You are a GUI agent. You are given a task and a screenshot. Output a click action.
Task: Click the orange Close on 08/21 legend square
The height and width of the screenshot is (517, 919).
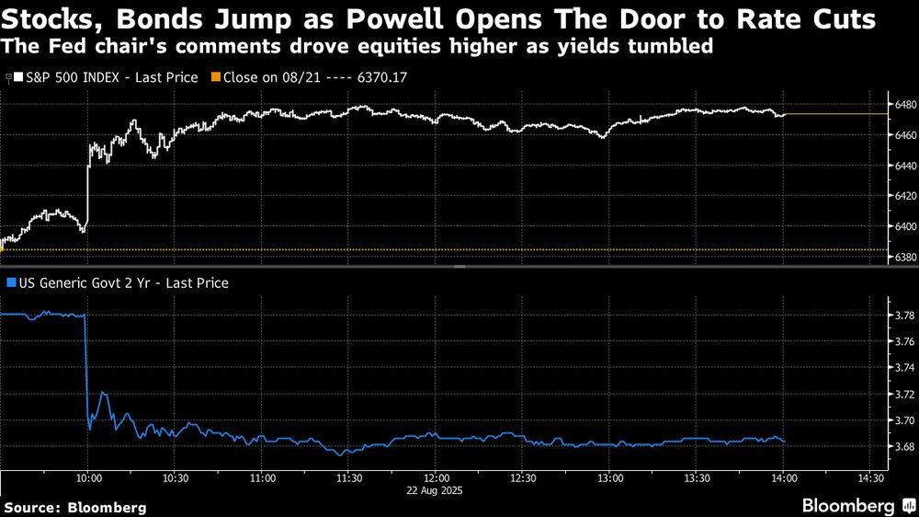point(217,77)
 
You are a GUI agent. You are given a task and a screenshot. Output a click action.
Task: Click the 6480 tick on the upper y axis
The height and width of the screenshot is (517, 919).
point(903,105)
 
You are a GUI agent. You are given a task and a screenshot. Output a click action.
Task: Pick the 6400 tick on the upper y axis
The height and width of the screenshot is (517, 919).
point(903,226)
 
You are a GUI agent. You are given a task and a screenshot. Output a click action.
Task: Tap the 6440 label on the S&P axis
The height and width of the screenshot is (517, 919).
point(903,166)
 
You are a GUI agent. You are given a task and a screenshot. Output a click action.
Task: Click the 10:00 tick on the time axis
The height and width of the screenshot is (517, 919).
point(88,478)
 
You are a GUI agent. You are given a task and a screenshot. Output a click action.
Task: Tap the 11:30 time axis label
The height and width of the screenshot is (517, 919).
point(349,478)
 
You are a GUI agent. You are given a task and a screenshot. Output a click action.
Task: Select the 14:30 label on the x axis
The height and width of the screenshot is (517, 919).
point(871,478)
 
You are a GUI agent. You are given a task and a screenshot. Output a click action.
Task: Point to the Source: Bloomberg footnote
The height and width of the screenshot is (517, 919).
point(75,507)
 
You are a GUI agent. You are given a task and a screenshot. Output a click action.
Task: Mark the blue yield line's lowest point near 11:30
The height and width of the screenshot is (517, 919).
point(343,454)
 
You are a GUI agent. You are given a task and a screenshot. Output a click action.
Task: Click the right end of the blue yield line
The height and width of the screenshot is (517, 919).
point(784,442)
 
